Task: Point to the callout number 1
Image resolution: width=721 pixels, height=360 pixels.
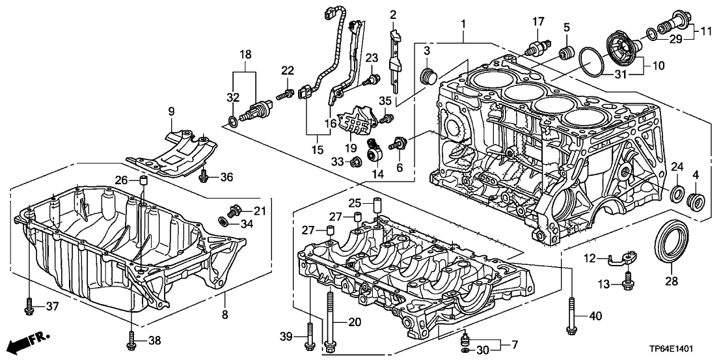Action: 463,23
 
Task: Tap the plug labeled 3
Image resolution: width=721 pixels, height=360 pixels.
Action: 428,77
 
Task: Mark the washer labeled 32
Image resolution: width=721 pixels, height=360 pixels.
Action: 232,121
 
